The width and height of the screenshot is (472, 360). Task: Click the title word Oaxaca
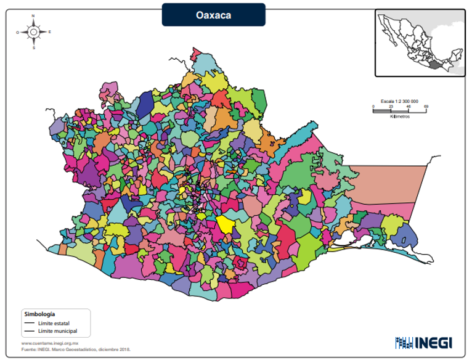(213, 15)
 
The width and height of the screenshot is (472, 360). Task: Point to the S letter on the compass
(34, 47)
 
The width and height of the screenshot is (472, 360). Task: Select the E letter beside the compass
(50, 31)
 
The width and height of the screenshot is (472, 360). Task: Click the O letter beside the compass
(17, 31)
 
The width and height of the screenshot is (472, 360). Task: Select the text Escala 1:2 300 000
(399, 100)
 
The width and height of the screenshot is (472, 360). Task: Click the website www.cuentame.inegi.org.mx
(49, 343)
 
